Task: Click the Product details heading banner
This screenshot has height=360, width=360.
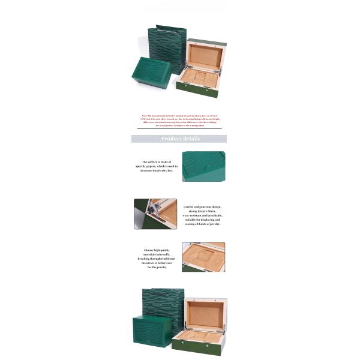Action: [179, 139]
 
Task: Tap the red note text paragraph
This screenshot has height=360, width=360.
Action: [179, 120]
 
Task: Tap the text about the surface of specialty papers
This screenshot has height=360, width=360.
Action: [156, 166]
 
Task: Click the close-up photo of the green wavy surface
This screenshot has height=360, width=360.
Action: [203, 166]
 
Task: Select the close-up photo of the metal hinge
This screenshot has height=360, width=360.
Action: [155, 214]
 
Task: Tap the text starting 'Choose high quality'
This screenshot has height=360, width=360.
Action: [157, 259]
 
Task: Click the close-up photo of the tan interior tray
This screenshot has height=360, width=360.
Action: [203, 257]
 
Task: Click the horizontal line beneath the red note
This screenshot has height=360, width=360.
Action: [179, 129]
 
